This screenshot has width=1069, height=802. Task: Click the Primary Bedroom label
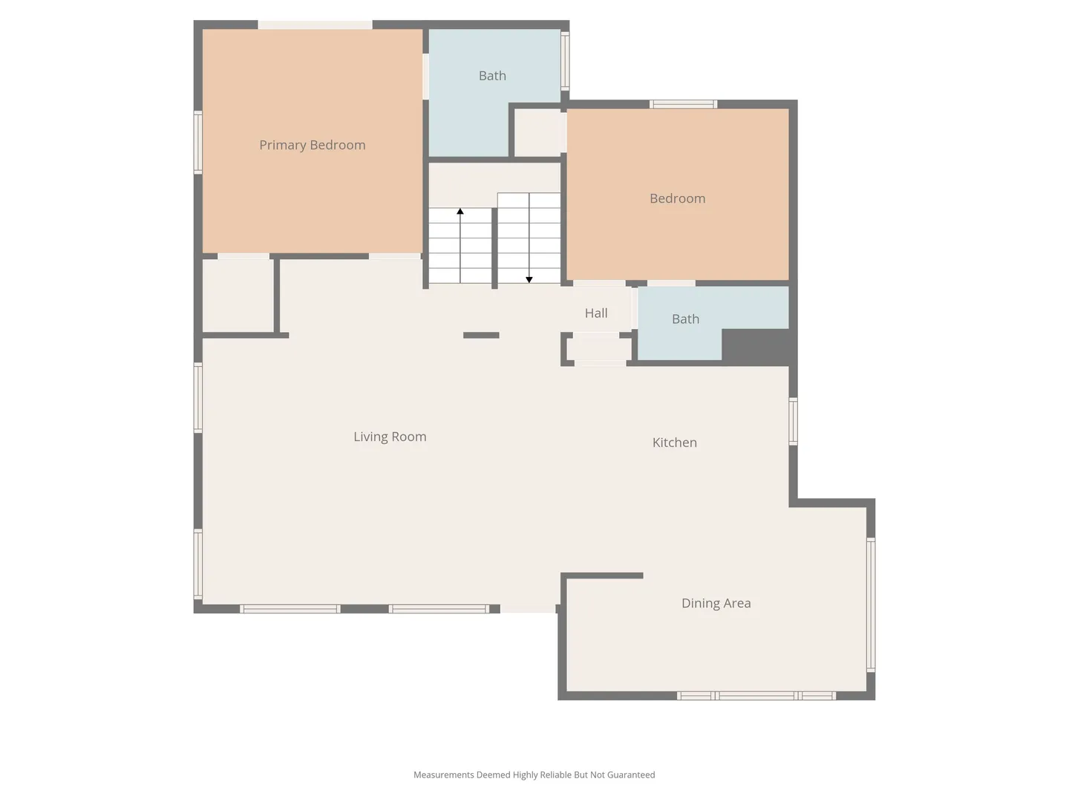pos(313,145)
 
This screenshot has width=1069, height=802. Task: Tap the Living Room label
pos(390,437)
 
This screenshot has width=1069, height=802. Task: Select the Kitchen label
pos(675,442)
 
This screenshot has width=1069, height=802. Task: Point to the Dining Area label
pos(716,603)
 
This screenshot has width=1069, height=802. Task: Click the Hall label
pos(596,313)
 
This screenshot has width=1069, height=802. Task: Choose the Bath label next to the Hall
pos(686,319)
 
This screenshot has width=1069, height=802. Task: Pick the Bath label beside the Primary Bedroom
pos(492,76)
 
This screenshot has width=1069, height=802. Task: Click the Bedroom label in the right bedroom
pos(678,198)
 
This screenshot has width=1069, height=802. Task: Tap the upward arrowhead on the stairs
pos(460,212)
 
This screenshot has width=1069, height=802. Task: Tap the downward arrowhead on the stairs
pos(529,279)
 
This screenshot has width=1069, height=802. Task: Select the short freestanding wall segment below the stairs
pos(481,335)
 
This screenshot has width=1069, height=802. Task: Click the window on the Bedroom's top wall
pos(683,104)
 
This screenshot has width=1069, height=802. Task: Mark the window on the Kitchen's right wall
pos(794,421)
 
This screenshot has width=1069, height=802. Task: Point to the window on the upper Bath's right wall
pos(565,61)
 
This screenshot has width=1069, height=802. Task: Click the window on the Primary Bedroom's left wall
pos(198,142)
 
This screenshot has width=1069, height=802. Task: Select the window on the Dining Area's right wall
pos(872,605)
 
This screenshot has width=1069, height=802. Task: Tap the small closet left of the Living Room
pos(238,296)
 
